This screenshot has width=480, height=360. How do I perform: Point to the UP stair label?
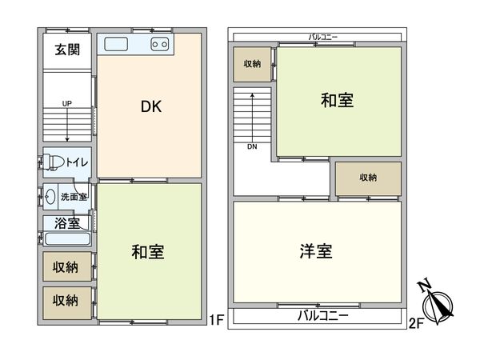[66, 103]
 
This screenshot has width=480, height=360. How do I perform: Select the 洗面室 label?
[74, 195]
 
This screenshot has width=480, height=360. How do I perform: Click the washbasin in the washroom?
[50, 194]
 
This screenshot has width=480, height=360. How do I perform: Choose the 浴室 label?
[66, 222]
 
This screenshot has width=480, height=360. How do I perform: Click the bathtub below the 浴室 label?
[67, 239]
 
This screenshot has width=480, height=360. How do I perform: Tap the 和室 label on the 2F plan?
[337, 102]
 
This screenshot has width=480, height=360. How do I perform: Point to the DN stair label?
[252, 146]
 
